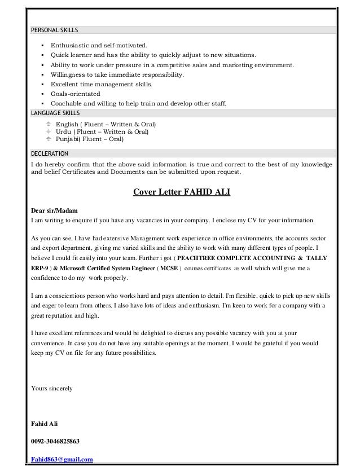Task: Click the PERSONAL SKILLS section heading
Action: click(55, 29)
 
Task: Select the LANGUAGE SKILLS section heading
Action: click(56, 113)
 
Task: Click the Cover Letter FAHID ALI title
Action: click(181, 191)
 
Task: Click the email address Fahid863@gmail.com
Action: click(62, 459)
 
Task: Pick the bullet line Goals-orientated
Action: click(75, 94)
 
